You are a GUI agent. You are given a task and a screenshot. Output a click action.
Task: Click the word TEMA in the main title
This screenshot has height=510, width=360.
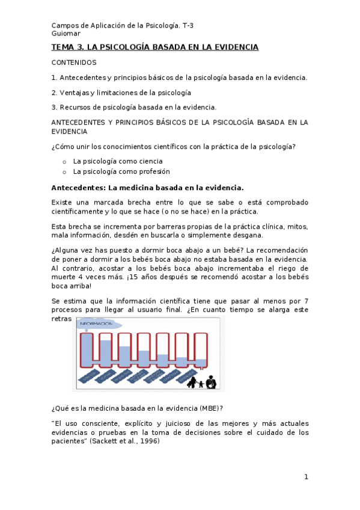click(61, 47)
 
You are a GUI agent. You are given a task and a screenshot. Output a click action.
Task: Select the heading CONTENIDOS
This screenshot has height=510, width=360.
click(74, 62)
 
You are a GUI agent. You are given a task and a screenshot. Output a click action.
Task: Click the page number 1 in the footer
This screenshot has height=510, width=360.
click(306, 477)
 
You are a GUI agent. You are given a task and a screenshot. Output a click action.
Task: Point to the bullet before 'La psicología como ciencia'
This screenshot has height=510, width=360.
click(64, 162)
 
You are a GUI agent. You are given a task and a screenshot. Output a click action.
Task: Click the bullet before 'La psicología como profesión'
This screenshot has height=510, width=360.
click(64, 172)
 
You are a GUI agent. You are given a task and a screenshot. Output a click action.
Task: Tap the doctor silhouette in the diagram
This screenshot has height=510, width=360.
click(210, 381)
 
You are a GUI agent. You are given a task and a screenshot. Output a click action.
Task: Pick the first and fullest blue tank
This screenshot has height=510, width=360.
click(87, 349)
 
